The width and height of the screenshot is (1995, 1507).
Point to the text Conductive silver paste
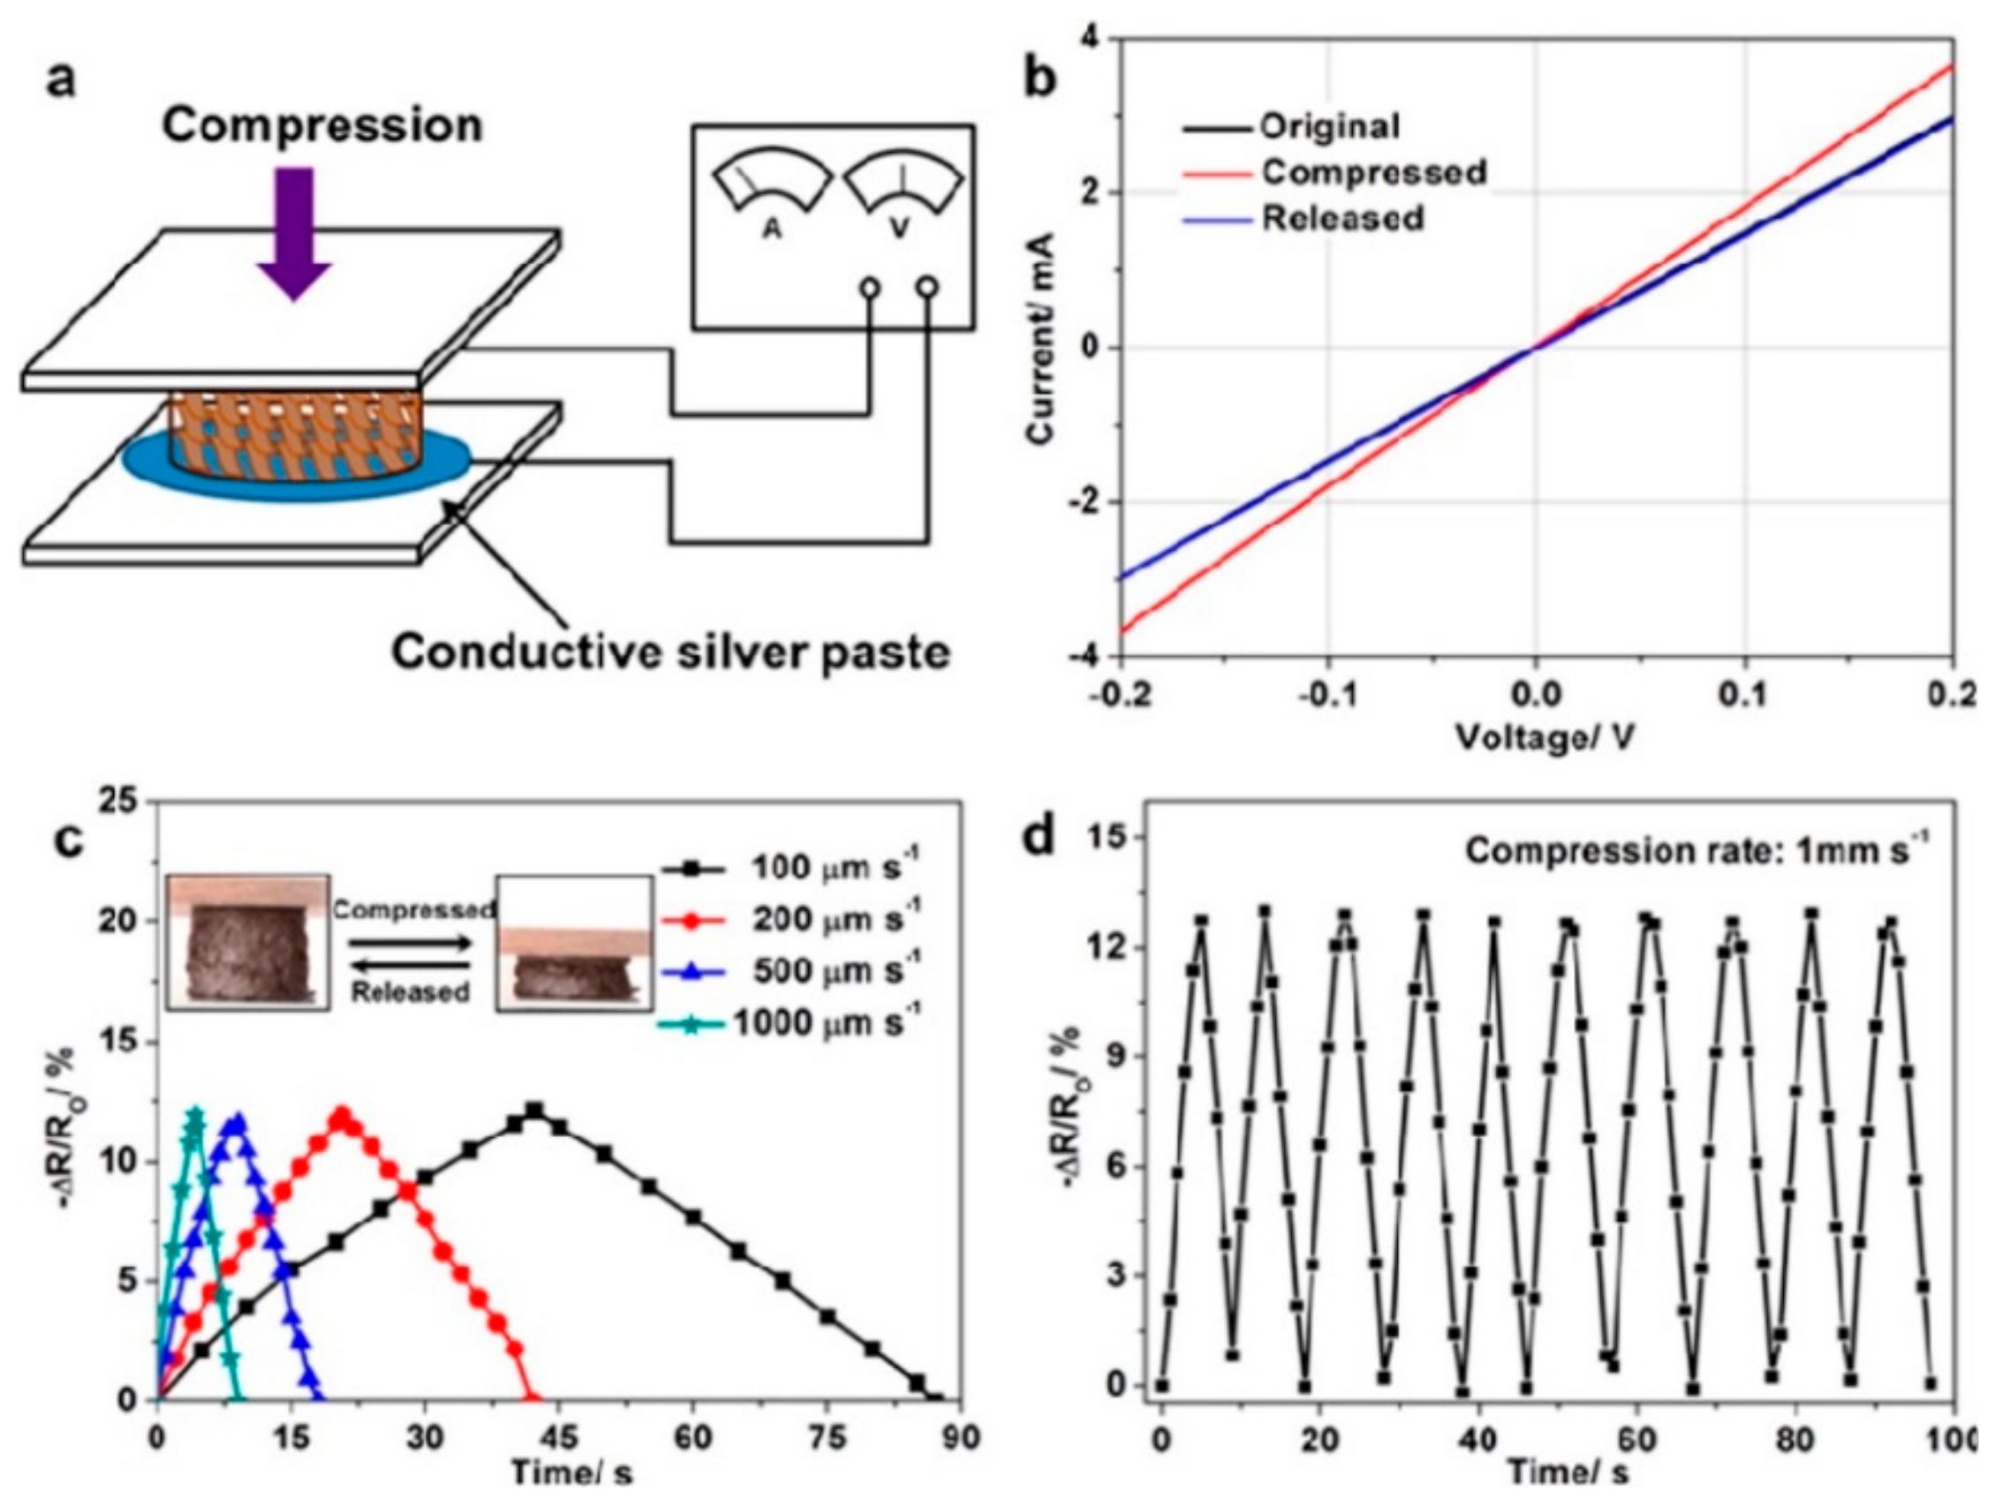670,652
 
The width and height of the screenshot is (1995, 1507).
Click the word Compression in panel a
322,125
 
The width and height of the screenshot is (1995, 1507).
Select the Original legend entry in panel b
1329,126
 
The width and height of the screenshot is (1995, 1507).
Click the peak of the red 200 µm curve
342,1115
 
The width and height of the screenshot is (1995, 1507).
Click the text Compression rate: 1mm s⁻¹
1696,850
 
